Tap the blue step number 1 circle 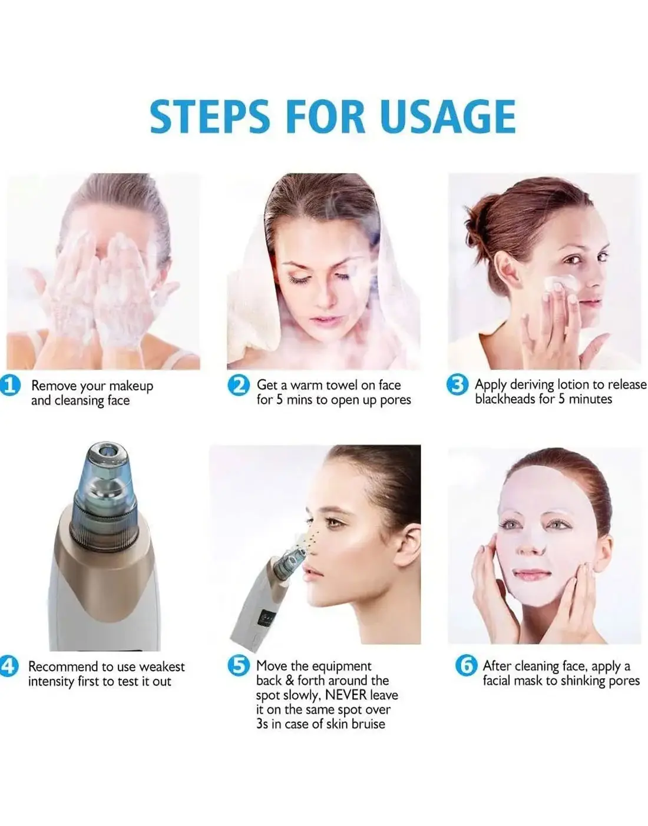(x=10, y=386)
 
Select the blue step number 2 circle (x=239, y=386)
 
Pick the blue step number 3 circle (x=458, y=385)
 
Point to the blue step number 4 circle (x=8, y=666)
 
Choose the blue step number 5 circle (x=239, y=665)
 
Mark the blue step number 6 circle (x=466, y=666)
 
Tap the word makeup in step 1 (x=131, y=386)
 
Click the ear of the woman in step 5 (x=406, y=541)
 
